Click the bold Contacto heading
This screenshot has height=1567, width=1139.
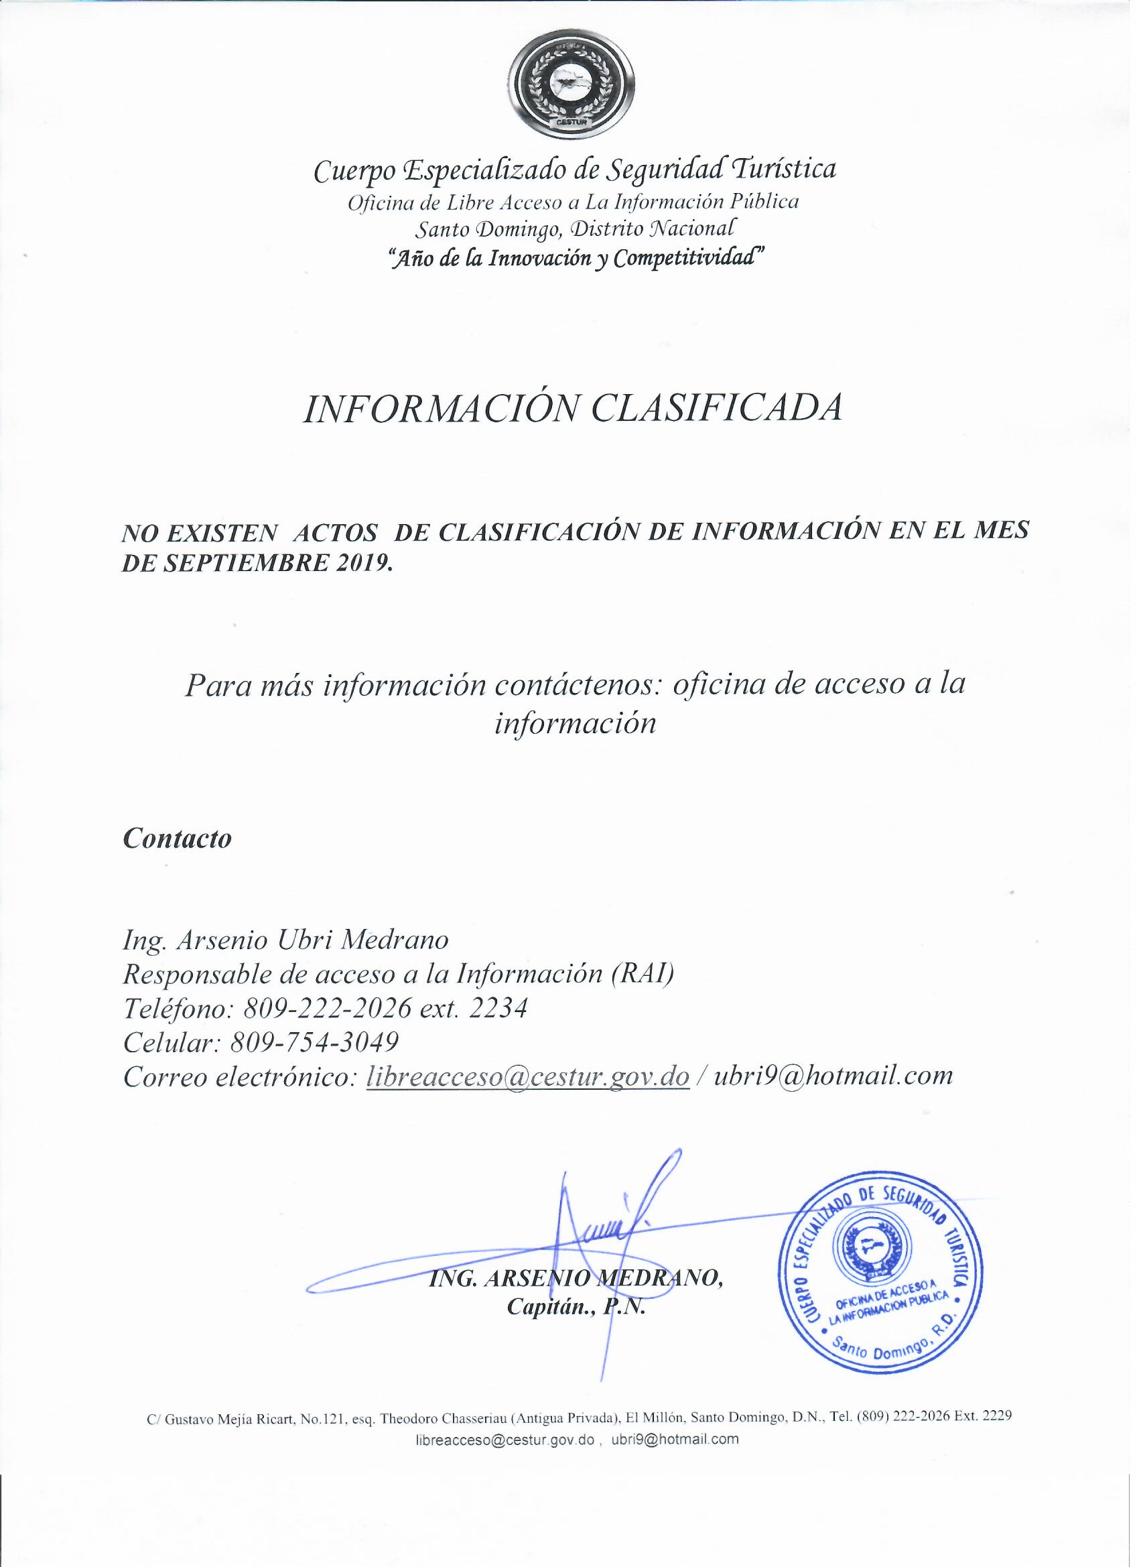point(177,838)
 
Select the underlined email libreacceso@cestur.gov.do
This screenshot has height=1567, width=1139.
point(529,1076)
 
